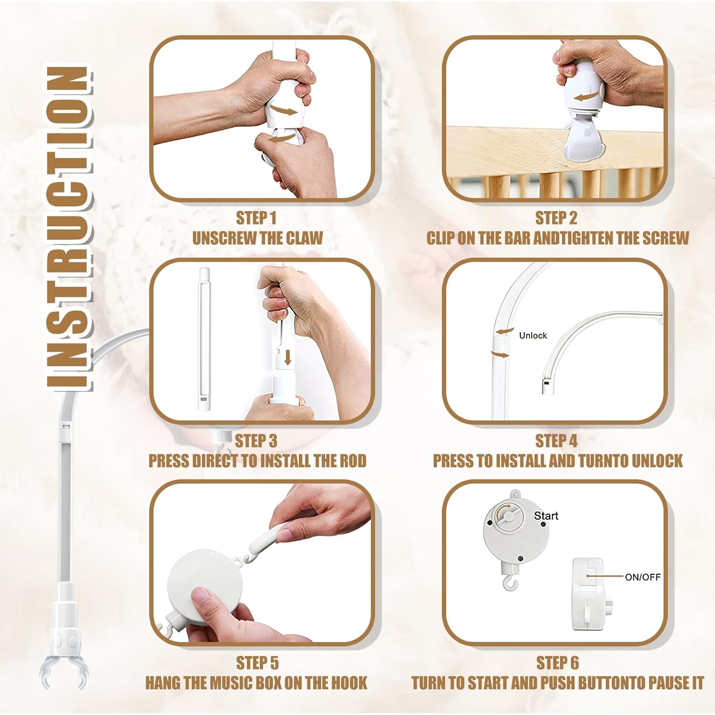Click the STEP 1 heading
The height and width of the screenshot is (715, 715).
[x=256, y=218]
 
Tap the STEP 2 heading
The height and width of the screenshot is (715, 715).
[x=556, y=218]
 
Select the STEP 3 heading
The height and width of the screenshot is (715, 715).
[x=256, y=441]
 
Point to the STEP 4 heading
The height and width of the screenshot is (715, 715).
[x=556, y=441]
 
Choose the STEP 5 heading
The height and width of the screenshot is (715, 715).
[x=257, y=663]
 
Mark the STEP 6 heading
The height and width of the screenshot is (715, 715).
[x=557, y=663]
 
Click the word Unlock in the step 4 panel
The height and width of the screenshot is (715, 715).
[x=533, y=336]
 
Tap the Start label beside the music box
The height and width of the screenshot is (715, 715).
[x=546, y=516]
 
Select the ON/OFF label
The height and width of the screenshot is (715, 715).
[x=643, y=577]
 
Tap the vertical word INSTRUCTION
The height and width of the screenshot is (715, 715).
[x=68, y=228]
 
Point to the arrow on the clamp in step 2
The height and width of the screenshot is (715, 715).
[x=586, y=97]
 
